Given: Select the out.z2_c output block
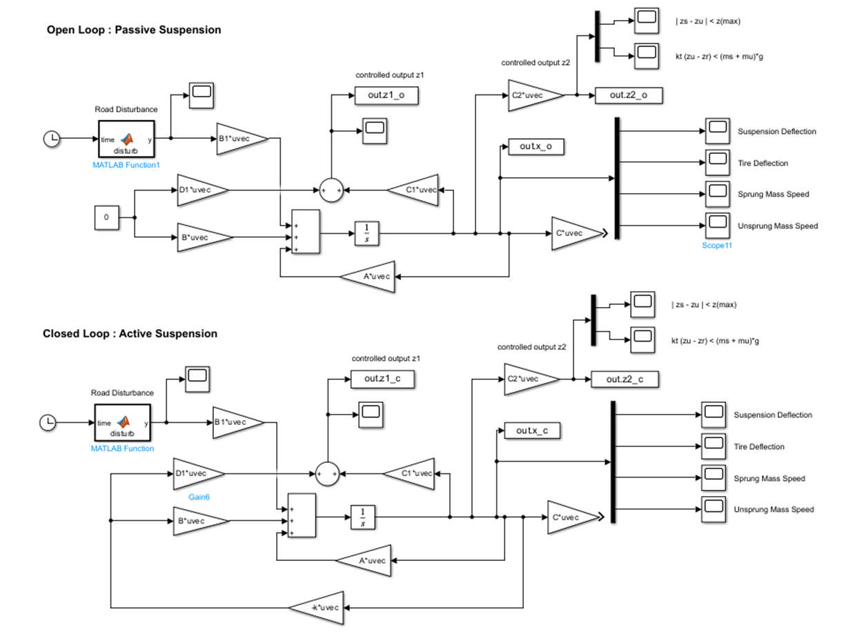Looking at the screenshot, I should (x=624, y=379).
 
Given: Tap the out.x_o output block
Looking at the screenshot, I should (x=535, y=146).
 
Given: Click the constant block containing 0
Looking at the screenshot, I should (x=106, y=217).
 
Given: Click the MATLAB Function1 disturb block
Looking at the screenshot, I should (x=126, y=139).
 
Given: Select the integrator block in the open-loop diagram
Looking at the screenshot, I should (x=366, y=233).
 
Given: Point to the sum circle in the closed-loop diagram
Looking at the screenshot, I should (x=329, y=473).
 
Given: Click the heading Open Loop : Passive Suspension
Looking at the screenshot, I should (x=134, y=30).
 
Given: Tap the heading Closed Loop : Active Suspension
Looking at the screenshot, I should (x=130, y=333).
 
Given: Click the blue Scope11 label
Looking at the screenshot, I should (x=717, y=245).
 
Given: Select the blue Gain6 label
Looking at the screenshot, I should (x=200, y=496).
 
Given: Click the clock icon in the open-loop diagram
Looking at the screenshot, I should (x=52, y=139).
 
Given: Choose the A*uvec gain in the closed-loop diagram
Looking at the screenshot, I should (x=364, y=560).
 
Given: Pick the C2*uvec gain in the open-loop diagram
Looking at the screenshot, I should (x=534, y=95).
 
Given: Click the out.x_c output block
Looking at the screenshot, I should (x=531, y=430).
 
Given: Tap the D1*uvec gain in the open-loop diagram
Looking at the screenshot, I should (x=201, y=190).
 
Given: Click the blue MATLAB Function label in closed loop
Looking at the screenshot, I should (x=122, y=448).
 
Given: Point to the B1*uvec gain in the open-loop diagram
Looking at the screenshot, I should (x=239, y=139).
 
